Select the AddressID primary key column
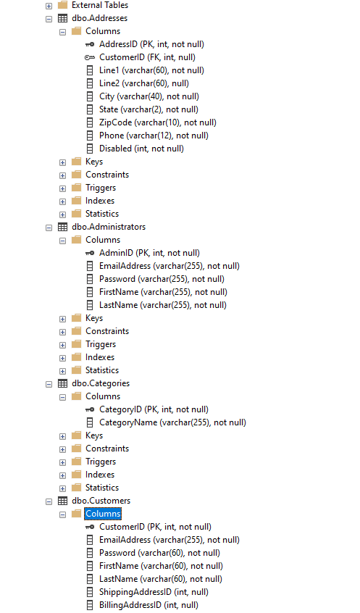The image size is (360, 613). click(x=151, y=44)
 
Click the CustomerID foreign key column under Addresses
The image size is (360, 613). click(x=147, y=57)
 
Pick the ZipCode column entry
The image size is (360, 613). click(x=157, y=122)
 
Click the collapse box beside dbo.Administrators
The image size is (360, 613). click(x=49, y=227)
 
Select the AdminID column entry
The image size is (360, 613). click(x=148, y=253)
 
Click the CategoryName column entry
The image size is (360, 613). click(x=172, y=422)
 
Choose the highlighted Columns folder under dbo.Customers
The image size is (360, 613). click(x=103, y=514)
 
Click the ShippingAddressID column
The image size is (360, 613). click(x=153, y=592)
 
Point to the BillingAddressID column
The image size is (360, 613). click(x=148, y=605)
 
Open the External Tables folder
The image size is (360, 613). click(x=99, y=5)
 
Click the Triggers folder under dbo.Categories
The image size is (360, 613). click(x=100, y=462)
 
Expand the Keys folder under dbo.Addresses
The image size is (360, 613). click(x=63, y=162)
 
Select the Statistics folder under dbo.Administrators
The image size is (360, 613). click(x=101, y=370)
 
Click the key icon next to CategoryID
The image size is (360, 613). click(x=90, y=409)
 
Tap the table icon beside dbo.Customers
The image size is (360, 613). click(x=62, y=501)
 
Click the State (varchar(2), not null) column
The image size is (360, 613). click(x=148, y=109)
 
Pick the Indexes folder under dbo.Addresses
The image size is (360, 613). click(x=99, y=201)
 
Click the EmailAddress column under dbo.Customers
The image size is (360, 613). click(x=169, y=540)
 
